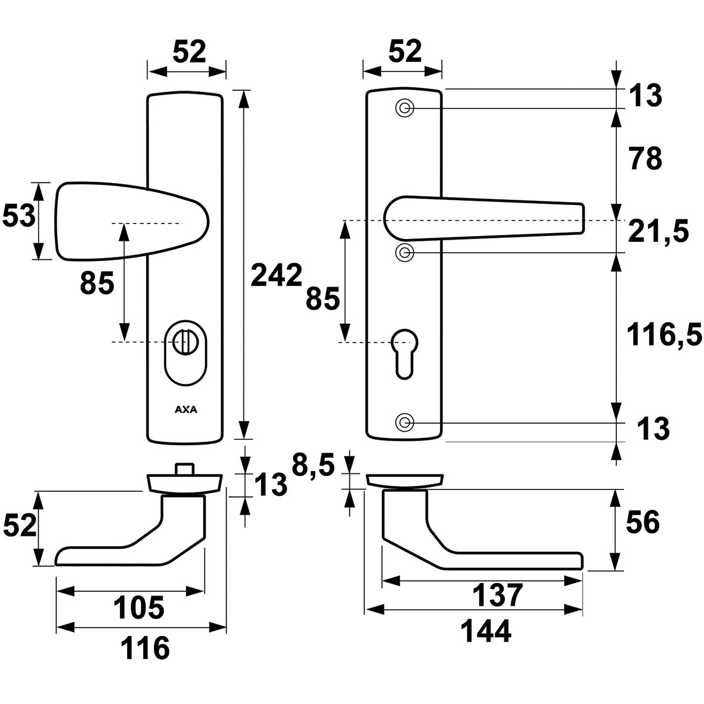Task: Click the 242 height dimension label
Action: pos(276,275)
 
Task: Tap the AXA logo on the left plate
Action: pos(187,410)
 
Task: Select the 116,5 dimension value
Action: pos(663,336)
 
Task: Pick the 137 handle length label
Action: pos(497,595)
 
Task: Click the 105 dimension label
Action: pos(139,609)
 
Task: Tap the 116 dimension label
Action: pos(145,647)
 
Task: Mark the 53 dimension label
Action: pos(17,216)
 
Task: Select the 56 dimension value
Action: pos(642,523)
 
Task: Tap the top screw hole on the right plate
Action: pos(405,108)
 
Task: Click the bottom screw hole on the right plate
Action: pos(405,423)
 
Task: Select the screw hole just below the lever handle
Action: pos(405,253)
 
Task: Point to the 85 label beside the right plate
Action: pos(322,298)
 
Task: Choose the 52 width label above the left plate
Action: pos(189,52)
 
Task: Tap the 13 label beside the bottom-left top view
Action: pos(270,485)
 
